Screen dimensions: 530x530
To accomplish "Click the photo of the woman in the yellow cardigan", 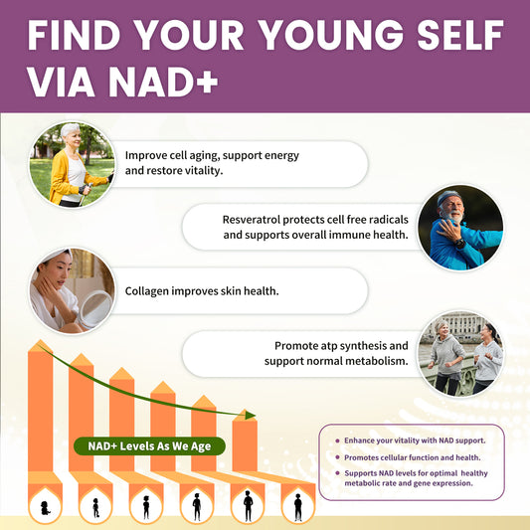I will pos(71,164).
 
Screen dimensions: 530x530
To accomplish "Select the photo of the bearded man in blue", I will pos(459,228).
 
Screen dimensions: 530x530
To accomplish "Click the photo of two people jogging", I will pos(460,352).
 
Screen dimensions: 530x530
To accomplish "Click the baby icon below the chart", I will pos(44,506).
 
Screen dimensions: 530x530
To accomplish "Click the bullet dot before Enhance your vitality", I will pos(337,440).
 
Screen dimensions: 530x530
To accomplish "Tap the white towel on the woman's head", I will pos(56,262).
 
